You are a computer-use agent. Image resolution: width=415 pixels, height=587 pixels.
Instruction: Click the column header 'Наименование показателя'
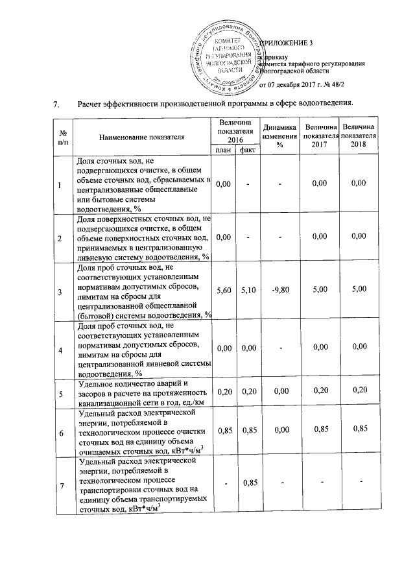click(x=142, y=137)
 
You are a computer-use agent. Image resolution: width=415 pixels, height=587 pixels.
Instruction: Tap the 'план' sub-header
click(x=224, y=150)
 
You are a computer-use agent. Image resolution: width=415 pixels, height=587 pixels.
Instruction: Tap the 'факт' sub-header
click(x=247, y=150)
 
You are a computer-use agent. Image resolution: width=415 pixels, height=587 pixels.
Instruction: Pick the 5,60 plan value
click(x=224, y=292)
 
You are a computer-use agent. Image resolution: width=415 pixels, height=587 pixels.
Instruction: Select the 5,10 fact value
click(x=247, y=292)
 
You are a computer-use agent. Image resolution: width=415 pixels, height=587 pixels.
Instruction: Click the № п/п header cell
click(x=63, y=137)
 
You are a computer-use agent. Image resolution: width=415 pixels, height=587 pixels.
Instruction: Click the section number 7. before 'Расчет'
click(x=56, y=103)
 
